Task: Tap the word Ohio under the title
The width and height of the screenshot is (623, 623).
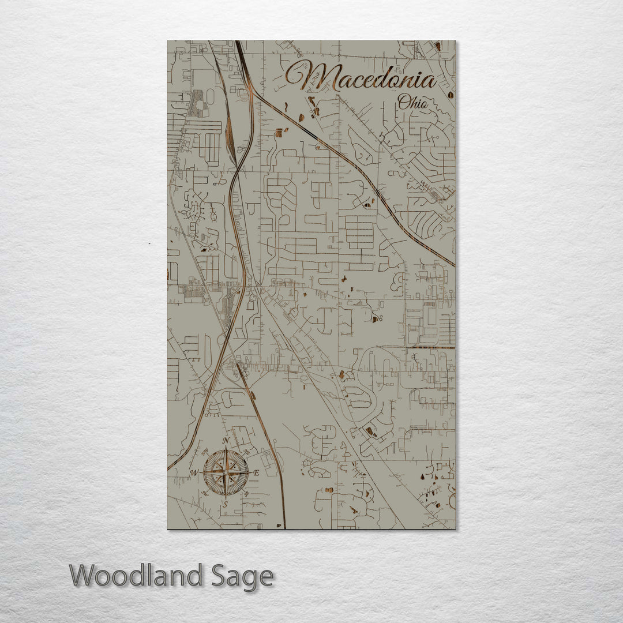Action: (x=413, y=103)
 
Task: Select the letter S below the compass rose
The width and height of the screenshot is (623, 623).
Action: (x=226, y=504)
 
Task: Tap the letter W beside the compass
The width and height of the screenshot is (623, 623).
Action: (x=194, y=473)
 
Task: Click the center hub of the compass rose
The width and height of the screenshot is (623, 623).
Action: (x=226, y=472)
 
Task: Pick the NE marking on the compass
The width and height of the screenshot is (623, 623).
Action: (x=247, y=451)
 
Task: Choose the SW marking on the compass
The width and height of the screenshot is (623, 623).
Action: (x=205, y=494)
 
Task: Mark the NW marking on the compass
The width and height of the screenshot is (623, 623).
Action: (x=204, y=451)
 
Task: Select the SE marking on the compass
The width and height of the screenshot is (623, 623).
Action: (x=247, y=494)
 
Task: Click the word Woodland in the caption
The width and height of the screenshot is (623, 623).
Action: (x=136, y=576)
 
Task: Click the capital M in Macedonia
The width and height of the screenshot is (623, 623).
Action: (x=314, y=76)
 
